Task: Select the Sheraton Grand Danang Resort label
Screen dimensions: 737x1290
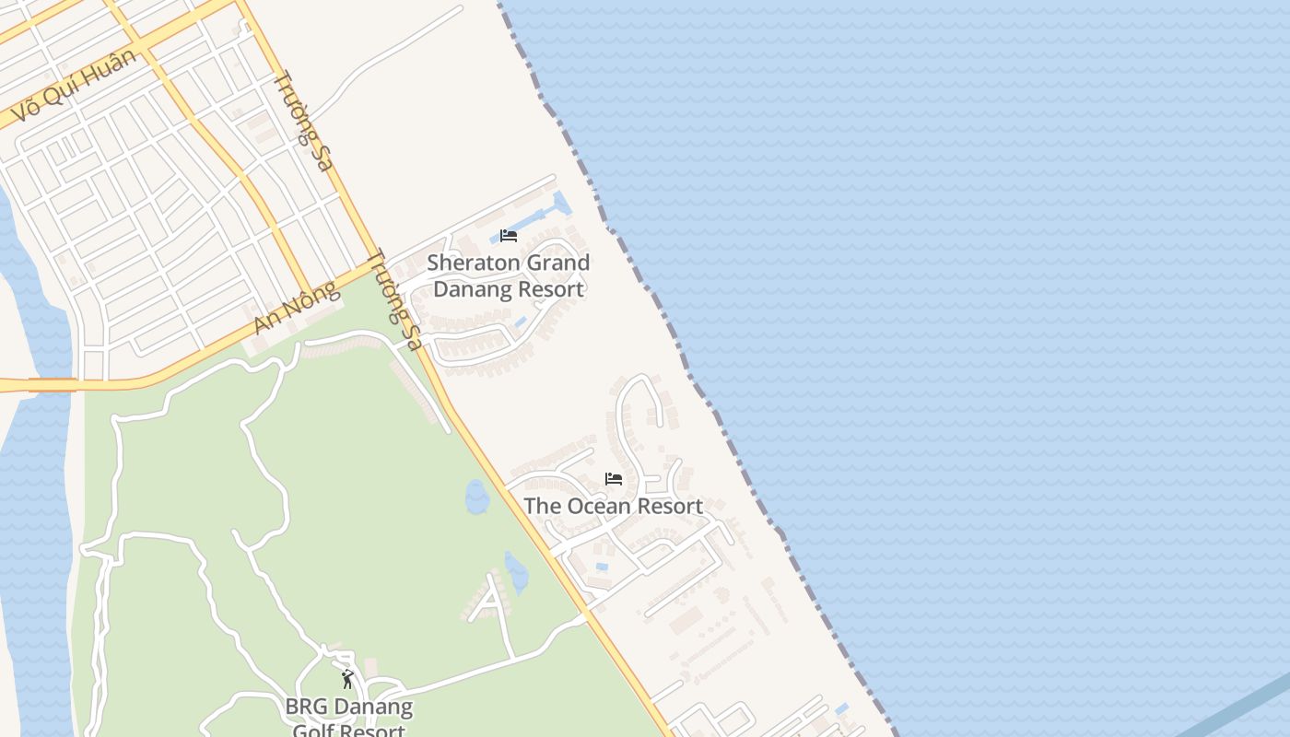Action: click(509, 275)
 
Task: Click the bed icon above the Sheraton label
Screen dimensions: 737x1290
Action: click(508, 236)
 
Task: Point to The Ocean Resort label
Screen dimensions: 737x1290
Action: click(613, 506)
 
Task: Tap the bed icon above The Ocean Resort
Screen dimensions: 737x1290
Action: click(613, 479)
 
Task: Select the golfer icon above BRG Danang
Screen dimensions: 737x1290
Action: click(347, 680)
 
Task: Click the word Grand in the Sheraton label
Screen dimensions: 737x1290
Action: click(555, 263)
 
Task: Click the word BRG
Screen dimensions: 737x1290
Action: click(305, 708)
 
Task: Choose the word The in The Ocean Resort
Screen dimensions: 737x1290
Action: click(543, 506)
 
